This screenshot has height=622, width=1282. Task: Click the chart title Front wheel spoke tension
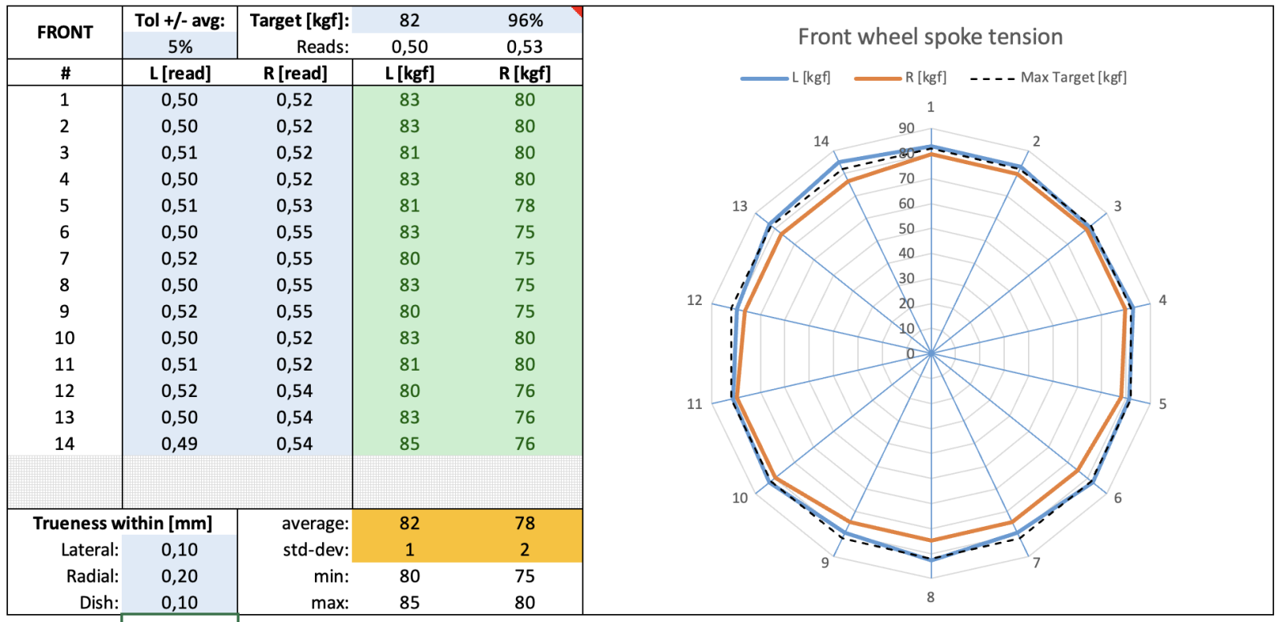[x=929, y=37]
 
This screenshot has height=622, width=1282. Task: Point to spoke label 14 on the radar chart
[x=821, y=142]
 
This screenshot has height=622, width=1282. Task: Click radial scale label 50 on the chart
[x=906, y=229]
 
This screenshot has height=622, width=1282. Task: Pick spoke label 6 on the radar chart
[x=1118, y=498]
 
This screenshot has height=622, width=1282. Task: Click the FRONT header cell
[x=65, y=33]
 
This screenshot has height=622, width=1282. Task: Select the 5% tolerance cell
[x=179, y=47]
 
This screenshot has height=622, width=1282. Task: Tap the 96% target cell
[x=525, y=21]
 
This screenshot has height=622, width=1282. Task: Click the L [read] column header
[x=179, y=74]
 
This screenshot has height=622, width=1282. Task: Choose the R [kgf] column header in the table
[x=525, y=74]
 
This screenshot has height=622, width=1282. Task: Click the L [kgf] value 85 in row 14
[x=409, y=443]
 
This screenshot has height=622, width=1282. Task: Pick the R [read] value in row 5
[x=294, y=206]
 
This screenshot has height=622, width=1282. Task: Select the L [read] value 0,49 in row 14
[x=179, y=443]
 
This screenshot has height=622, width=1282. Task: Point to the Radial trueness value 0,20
[x=179, y=576]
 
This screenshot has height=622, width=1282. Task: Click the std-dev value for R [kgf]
[x=525, y=550]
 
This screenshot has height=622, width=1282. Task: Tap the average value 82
[x=409, y=524]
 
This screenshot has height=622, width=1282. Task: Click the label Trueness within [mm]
[x=123, y=524]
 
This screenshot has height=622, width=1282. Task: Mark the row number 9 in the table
[x=64, y=311]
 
